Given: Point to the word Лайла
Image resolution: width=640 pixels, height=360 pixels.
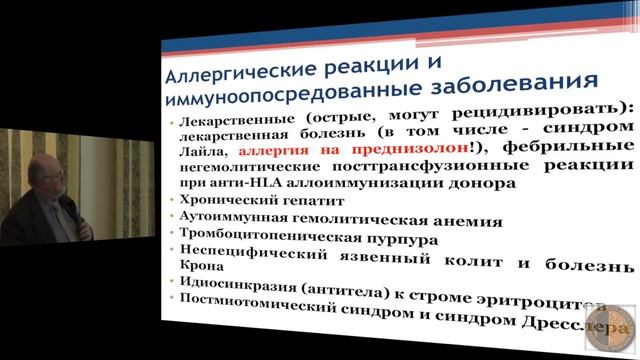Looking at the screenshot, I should click(206, 150).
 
